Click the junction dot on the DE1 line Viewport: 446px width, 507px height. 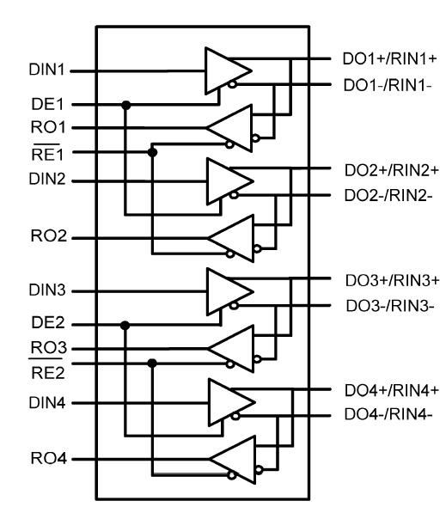click(126, 105)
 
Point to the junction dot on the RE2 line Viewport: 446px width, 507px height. click(153, 363)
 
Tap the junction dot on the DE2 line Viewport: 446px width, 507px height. click(126, 325)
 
